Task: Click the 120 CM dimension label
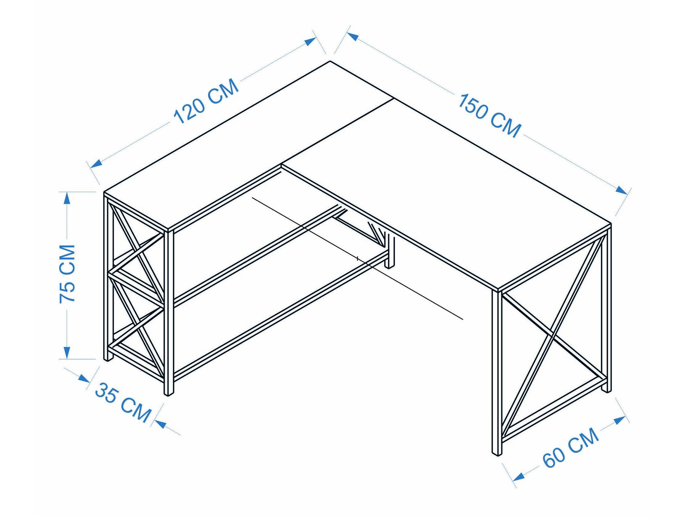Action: point(206,101)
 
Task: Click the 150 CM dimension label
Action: point(490,116)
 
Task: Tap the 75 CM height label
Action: point(67,274)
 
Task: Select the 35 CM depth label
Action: point(123,402)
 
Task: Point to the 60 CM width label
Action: point(571,448)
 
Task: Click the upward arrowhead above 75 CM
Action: point(67,198)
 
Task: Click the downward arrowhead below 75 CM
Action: point(67,353)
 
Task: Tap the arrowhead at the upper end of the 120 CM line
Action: point(311,41)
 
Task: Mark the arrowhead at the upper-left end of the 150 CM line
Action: point(353,36)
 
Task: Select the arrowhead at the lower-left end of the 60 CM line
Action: point(518,476)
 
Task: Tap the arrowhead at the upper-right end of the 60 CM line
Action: point(620,420)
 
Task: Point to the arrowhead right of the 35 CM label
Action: point(161,424)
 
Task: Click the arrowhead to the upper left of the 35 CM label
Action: point(84,378)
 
